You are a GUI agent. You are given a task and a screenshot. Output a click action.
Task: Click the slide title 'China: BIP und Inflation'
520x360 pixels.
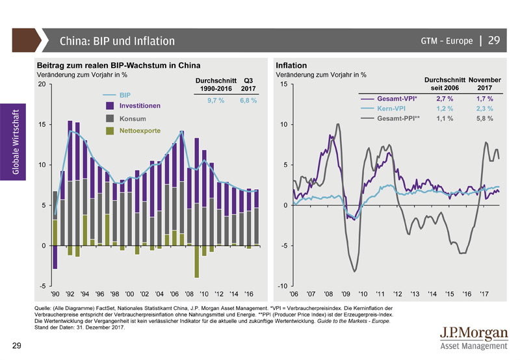[117, 41]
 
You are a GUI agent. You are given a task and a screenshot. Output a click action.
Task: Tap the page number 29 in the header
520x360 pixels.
[493, 40]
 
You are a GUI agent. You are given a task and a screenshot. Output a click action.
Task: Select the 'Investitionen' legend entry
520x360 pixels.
[140, 105]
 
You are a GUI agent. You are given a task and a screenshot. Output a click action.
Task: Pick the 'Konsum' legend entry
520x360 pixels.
[133, 119]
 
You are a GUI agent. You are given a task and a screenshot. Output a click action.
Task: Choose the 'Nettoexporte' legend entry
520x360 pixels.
[140, 131]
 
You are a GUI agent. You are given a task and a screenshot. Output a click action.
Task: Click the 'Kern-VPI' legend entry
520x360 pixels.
[393, 109]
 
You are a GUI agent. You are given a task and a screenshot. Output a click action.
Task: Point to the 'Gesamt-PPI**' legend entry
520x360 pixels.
[398, 119]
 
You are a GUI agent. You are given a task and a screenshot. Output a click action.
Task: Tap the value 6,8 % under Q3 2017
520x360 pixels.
[248, 101]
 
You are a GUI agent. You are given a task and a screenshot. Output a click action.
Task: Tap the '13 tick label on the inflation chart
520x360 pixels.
[415, 294]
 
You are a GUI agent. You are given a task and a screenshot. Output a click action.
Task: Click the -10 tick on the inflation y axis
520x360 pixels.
[283, 286]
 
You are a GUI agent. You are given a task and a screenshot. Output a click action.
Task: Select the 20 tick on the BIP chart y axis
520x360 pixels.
[42, 84]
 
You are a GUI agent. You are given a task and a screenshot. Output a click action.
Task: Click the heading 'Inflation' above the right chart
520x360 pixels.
[291, 66]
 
